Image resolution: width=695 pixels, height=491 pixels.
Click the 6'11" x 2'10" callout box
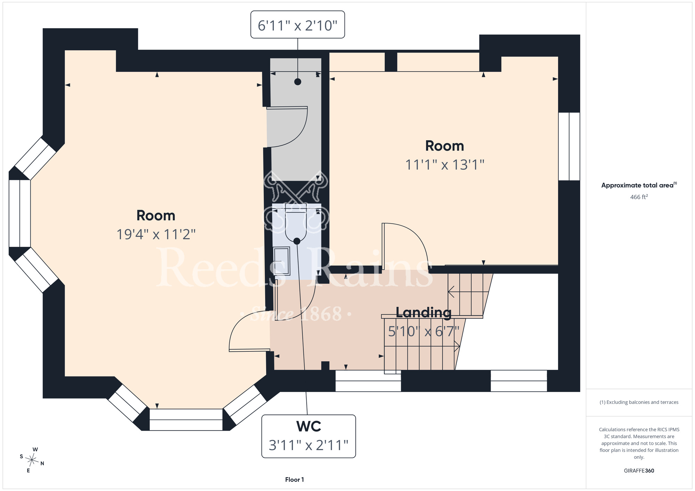click(x=297, y=24)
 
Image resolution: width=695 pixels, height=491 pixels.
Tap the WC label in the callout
click(x=309, y=426)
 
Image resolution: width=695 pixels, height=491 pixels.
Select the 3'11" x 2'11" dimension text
click(x=309, y=445)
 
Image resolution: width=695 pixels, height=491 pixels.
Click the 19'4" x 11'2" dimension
click(x=156, y=234)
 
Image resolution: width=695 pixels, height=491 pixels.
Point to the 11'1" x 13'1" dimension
click(x=445, y=165)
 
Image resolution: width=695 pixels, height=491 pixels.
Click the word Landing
click(x=424, y=313)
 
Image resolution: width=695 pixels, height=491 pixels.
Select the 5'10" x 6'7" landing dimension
click(x=424, y=331)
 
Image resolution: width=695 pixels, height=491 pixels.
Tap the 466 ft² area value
click(x=639, y=197)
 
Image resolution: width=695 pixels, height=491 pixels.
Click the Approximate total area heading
click(x=639, y=185)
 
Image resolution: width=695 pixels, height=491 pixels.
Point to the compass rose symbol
click(x=32, y=460)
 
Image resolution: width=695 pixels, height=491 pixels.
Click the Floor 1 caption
click(x=294, y=480)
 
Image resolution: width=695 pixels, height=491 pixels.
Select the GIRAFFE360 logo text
click(x=639, y=471)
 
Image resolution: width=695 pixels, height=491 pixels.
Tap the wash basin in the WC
click(x=281, y=261)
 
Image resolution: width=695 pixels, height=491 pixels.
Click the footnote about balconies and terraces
click(x=639, y=402)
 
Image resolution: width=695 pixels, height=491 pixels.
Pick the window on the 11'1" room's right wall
click(x=569, y=146)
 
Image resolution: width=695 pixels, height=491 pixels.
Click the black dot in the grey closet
click(x=297, y=82)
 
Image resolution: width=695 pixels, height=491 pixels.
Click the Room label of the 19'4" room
click(x=156, y=215)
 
